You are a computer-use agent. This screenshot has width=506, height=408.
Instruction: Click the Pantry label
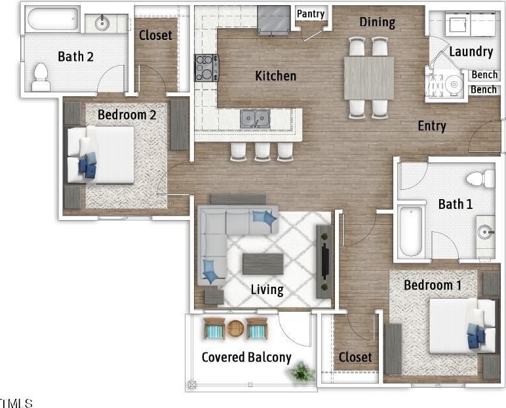[x=311, y=14]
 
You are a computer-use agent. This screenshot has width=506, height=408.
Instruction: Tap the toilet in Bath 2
[x=41, y=77]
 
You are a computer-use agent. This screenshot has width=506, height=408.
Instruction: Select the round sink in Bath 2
[x=102, y=23]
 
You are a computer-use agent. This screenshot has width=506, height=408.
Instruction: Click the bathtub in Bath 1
[x=410, y=231]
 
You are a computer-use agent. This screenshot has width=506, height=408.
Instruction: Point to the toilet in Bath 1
[x=480, y=179]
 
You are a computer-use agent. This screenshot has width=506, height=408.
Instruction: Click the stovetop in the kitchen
[x=206, y=67]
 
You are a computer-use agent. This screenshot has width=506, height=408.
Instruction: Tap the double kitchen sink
[x=255, y=119]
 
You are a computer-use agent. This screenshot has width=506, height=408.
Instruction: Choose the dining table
[x=369, y=78]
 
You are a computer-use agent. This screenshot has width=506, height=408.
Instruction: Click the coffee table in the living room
[x=263, y=264]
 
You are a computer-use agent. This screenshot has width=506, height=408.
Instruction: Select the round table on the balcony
[x=235, y=328]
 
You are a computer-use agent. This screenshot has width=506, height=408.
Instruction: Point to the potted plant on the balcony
[x=302, y=372]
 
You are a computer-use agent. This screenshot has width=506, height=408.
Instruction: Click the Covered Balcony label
[x=246, y=358]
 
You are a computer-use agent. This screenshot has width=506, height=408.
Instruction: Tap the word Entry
[x=432, y=126]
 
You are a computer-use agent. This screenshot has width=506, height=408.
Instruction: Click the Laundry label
[x=471, y=52]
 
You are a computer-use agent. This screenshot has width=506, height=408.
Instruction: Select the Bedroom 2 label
[x=126, y=115]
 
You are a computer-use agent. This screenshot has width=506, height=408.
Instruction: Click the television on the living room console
[x=326, y=261]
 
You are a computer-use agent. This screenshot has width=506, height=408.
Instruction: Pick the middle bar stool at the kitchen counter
[x=262, y=151]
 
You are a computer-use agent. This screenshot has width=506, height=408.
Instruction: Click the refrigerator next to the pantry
[x=274, y=20]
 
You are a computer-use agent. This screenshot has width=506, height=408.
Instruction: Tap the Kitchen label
[x=275, y=76]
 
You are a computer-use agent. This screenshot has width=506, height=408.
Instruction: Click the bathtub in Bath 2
[x=52, y=20]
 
